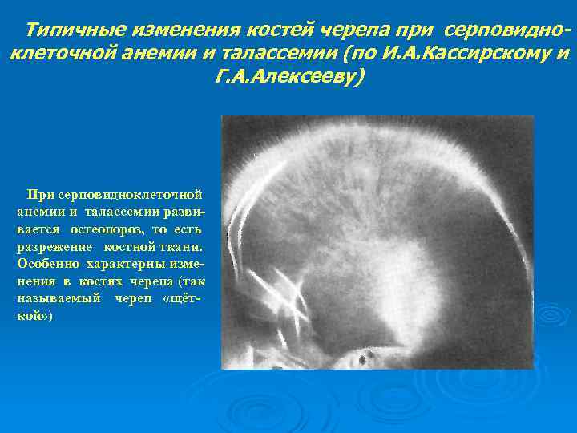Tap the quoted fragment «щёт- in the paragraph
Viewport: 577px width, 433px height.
pyautogui.click(x=180, y=299)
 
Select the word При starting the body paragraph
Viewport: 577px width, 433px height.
pyautogui.click(x=39, y=193)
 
